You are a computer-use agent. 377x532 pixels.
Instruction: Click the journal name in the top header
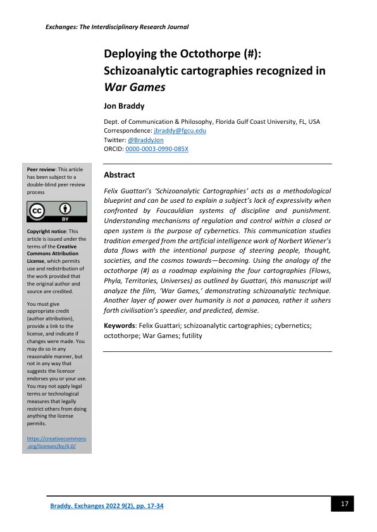click(117, 27)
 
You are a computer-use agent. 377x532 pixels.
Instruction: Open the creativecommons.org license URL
click(57, 442)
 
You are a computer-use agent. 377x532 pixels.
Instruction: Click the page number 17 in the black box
click(345, 504)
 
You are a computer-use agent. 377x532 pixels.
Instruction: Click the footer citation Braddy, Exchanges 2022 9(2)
click(107, 507)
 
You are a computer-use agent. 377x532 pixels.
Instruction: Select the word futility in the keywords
click(190, 336)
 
